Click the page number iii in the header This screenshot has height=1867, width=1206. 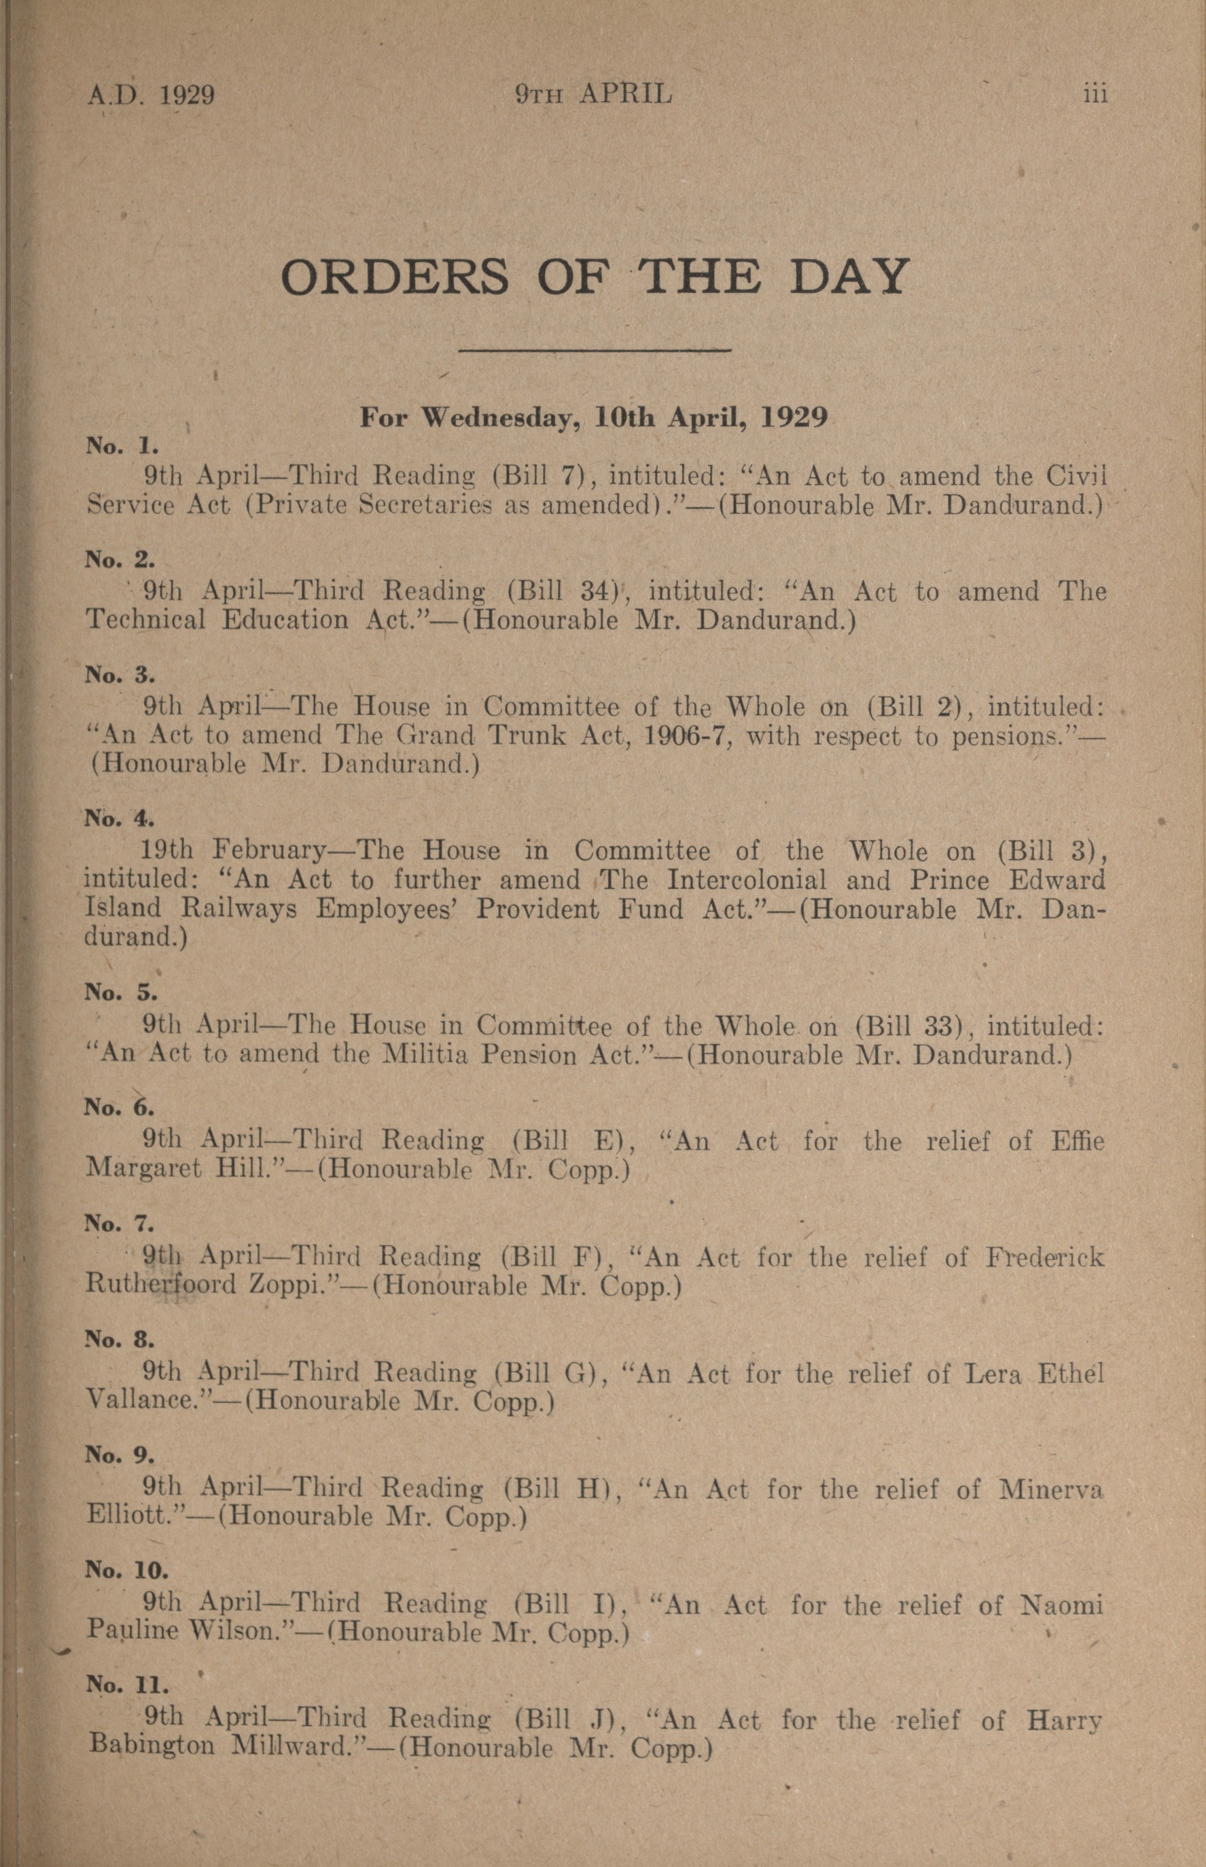coord(1095,94)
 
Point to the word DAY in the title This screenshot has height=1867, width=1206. coord(848,277)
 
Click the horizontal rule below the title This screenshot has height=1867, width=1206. coord(595,350)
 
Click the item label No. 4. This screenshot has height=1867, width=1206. coord(120,818)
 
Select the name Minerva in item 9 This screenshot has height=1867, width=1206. coord(1050,1488)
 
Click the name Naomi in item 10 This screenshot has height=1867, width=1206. coord(1062,1605)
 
